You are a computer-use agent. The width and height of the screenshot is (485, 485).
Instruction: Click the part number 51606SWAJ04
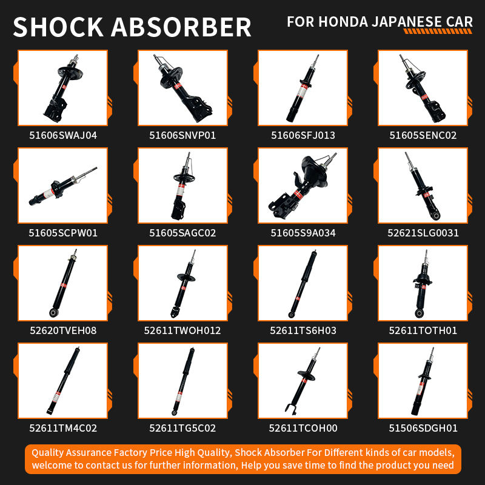click(63, 135)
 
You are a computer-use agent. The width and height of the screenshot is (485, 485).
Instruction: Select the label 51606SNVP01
click(182, 135)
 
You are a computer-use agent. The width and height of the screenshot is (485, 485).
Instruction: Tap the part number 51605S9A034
click(303, 233)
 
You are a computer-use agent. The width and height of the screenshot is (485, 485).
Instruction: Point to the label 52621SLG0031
click(423, 233)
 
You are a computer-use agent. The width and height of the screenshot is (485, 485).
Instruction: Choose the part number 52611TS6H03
click(303, 330)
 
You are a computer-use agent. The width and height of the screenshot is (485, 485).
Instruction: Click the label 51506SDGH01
click(423, 428)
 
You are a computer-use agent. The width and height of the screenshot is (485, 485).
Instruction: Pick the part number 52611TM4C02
click(63, 428)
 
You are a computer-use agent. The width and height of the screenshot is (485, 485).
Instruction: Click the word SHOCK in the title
click(58, 27)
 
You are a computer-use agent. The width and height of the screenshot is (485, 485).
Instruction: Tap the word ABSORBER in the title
click(181, 27)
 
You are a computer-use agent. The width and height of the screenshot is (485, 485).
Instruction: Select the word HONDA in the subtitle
click(343, 22)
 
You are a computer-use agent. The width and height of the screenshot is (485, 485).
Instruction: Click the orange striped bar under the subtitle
click(438, 32)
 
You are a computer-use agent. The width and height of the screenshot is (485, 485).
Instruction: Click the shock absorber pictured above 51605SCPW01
click(63, 187)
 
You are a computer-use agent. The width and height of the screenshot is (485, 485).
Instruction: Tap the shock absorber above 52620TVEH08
click(63, 283)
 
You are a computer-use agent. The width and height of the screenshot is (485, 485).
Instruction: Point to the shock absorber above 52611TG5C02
click(184, 381)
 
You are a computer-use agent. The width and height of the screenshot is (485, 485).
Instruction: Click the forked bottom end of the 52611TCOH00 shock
click(291, 409)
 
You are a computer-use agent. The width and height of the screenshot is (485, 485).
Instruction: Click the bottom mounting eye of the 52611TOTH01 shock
click(419, 313)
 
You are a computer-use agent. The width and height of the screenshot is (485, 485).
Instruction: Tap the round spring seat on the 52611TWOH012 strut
click(186, 277)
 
